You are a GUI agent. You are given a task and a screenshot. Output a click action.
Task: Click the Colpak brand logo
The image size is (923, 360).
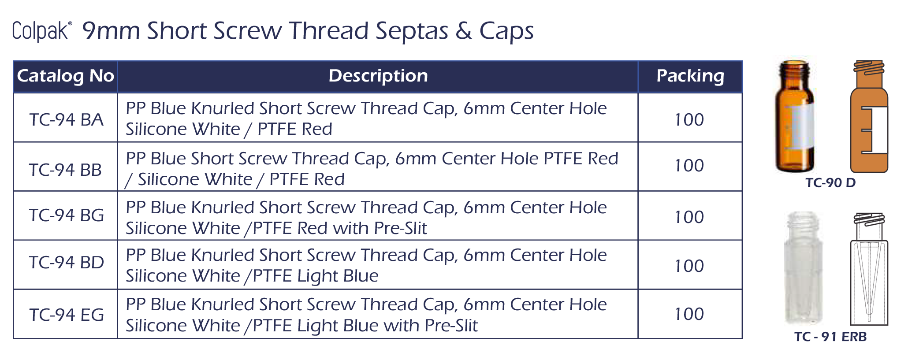(x=41, y=31)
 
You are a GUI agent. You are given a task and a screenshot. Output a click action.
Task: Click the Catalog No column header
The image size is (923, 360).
(x=66, y=76)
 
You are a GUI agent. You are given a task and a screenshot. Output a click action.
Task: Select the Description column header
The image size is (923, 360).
(x=378, y=76)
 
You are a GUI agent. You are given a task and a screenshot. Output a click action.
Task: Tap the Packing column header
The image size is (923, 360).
(x=690, y=76)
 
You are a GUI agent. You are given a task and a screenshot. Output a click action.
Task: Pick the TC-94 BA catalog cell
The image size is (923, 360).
(x=66, y=119)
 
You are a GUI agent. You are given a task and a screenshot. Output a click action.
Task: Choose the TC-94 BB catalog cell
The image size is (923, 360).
(x=66, y=170)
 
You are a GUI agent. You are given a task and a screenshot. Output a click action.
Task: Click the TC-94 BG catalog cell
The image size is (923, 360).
(x=66, y=215)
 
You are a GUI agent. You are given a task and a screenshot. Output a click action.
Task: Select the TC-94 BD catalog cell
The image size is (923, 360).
(x=66, y=263)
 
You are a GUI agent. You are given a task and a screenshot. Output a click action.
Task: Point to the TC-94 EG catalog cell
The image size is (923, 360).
(x=66, y=315)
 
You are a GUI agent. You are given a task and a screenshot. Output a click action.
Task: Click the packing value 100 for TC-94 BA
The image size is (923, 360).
(x=689, y=119)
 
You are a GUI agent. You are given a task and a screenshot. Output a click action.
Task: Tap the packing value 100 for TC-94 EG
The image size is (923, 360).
(x=689, y=314)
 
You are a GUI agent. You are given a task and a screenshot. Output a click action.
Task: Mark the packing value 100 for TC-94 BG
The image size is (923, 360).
(x=689, y=217)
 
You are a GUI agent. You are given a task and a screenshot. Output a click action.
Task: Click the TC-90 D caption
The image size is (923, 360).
(x=830, y=182)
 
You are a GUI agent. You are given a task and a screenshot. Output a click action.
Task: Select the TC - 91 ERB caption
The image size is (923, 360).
(x=830, y=337)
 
